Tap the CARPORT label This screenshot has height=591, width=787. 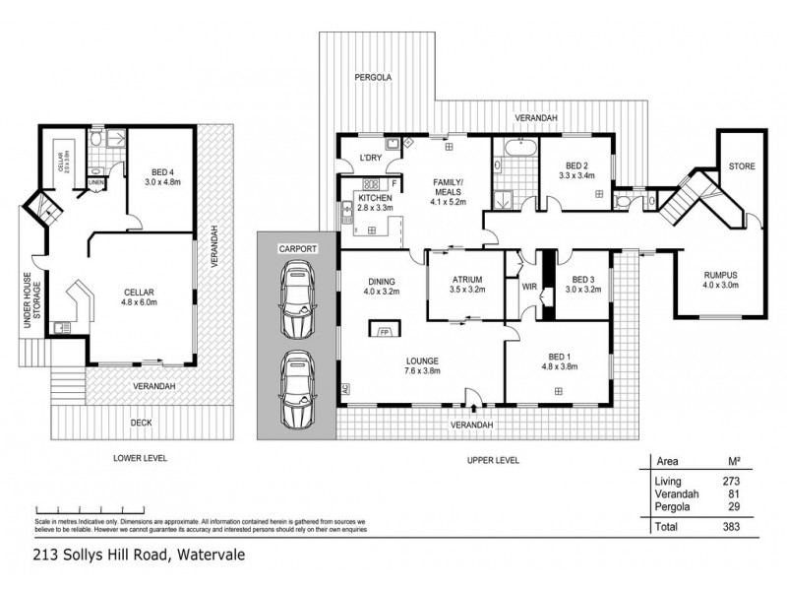click(x=296, y=250)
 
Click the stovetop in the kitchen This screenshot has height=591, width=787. click(x=373, y=184)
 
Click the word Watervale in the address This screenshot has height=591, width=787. click(x=211, y=555)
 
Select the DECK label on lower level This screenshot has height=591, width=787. click(x=142, y=423)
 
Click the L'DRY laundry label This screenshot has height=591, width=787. click(x=371, y=158)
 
